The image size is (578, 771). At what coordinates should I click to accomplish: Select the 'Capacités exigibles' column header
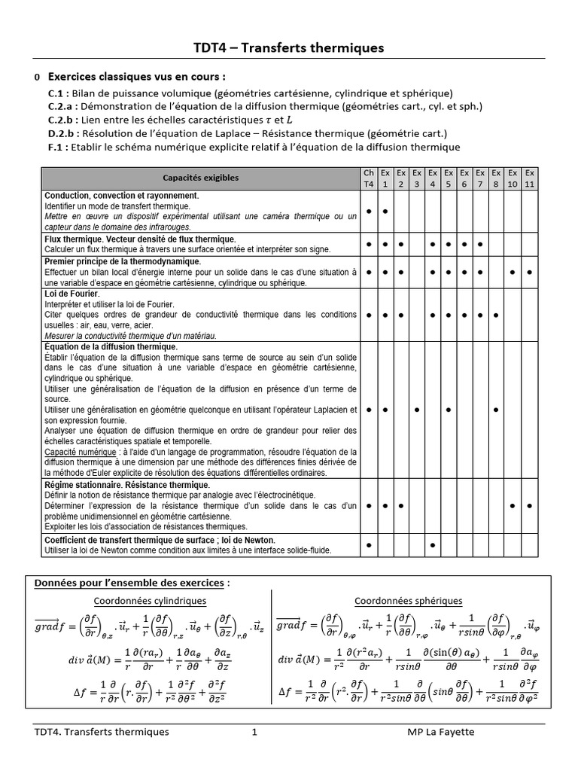pos(201,178)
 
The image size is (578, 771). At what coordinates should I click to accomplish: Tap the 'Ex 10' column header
pos(513,178)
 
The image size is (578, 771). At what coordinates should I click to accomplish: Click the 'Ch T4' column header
pos(369,178)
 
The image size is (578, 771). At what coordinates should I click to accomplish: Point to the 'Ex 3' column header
pos(416,178)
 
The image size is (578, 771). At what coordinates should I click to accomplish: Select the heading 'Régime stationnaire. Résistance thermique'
pos(127,485)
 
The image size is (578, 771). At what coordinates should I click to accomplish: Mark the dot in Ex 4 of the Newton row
pos(433,544)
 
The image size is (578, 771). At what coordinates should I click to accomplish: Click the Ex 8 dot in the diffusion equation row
pos(495,410)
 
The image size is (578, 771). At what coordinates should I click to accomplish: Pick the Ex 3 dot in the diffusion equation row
pos(416,410)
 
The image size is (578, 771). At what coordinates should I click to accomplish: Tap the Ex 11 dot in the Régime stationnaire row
pos(530,506)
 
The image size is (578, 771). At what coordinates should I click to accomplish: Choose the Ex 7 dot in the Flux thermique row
pos(479,244)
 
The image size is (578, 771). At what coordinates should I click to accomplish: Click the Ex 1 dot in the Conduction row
pos(385,212)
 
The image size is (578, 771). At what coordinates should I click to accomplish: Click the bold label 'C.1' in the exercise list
pos(56,93)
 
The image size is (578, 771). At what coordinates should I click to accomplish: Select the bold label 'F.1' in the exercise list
pos(56,147)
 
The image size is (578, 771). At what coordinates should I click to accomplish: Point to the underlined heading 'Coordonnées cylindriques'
pos(150,600)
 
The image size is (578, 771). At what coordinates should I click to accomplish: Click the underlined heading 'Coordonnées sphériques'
pos(408,600)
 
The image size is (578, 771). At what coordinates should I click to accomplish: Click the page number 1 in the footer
pos(254,732)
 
